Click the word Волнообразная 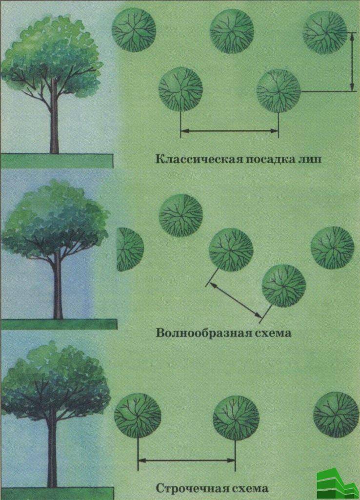coord(204,333)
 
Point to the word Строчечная coord(192,488)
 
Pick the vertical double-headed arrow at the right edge coord(352,62)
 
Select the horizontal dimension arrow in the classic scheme coord(230,130)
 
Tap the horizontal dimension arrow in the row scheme coord(186,460)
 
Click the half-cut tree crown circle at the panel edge coord(130,249)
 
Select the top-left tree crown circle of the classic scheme coord(134,30)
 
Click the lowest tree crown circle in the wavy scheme coord(283,286)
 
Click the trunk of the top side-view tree coord(54,118)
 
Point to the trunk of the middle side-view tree coord(58,285)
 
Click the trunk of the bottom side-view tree coord(52,453)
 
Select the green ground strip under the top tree coord(57,161)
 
